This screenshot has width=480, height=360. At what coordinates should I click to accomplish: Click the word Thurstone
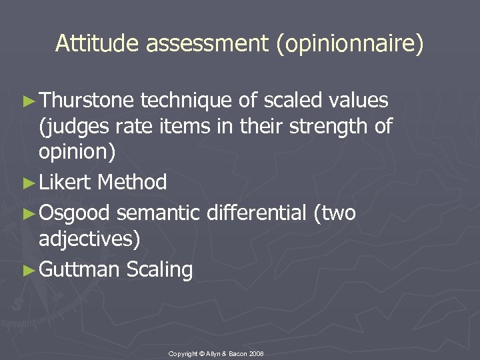tap(87, 101)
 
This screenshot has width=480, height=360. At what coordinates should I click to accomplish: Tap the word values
tap(360, 101)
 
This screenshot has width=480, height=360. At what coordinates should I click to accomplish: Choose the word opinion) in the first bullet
tap(77, 152)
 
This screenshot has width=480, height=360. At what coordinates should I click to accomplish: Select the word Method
tap(132, 181)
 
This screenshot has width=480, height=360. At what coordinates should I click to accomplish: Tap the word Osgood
tap(75, 213)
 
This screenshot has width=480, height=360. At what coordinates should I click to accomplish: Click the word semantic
tap(158, 213)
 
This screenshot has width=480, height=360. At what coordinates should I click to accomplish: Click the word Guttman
tap(79, 269)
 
